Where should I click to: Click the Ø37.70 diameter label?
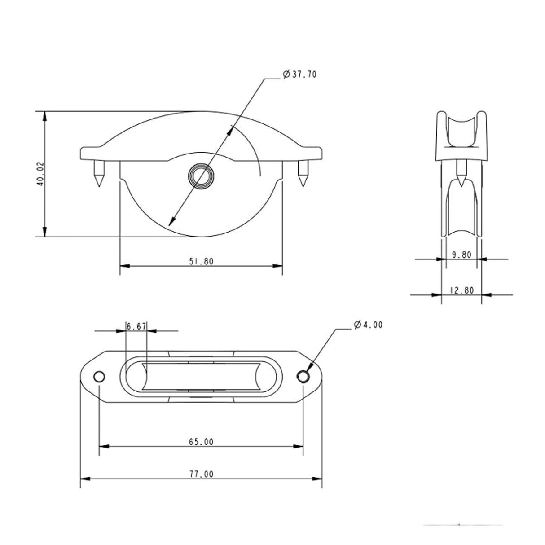(300, 75)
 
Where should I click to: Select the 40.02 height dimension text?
(40, 174)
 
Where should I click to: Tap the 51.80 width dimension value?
(201, 261)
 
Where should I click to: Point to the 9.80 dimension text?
(461, 255)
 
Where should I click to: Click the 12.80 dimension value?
(461, 290)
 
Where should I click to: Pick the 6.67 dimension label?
(136, 326)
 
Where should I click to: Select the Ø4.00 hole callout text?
(368, 325)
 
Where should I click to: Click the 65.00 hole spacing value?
(201, 442)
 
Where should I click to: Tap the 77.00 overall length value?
(201, 474)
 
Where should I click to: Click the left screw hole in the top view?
(99, 376)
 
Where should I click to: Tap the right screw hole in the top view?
(303, 376)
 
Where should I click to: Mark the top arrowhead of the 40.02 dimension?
(44, 116)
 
